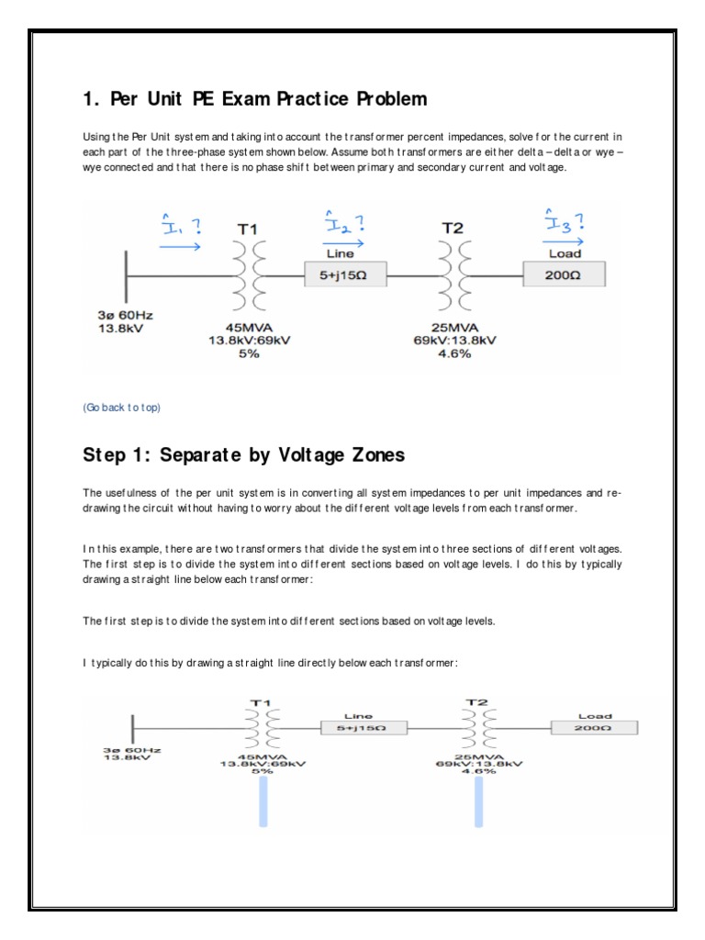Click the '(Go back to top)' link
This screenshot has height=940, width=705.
121,408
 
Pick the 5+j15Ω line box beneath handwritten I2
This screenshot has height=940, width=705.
346,274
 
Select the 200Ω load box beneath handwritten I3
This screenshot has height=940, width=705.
564,274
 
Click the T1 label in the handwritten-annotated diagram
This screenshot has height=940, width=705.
248,228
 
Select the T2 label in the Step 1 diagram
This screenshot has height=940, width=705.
476,702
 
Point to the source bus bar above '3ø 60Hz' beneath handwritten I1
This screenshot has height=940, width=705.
127,274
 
